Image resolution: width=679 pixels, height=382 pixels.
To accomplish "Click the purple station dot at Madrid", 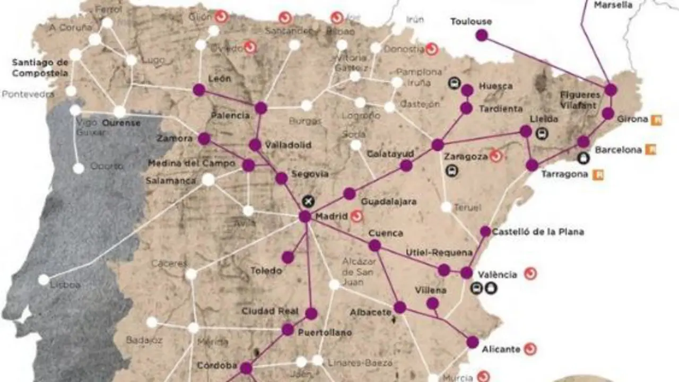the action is [x=304, y=216].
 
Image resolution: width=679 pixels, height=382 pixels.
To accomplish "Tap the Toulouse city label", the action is [x=471, y=22].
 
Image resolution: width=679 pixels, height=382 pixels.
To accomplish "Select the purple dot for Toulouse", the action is [x=482, y=36].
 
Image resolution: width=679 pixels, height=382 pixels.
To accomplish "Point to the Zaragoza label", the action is [x=465, y=157].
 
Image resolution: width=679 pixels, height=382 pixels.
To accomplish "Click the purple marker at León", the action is [x=199, y=90].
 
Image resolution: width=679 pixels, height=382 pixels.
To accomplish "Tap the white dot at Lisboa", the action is [x=43, y=280].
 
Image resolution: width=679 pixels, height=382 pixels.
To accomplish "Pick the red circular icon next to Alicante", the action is [x=530, y=349].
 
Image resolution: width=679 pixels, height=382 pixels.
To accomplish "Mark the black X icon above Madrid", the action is [x=308, y=201].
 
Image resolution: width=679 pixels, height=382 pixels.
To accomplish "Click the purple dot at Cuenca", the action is [x=375, y=245].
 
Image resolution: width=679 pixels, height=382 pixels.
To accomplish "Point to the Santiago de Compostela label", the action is [x=40, y=68].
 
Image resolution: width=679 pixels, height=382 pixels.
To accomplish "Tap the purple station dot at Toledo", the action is [x=288, y=258].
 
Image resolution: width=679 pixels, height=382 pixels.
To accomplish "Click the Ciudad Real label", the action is [x=270, y=311].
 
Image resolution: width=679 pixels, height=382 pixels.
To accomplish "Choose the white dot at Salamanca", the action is [x=208, y=180].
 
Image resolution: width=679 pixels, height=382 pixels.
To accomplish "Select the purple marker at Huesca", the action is [x=467, y=90].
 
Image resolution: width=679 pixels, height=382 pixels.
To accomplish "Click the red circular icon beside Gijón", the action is [x=221, y=16].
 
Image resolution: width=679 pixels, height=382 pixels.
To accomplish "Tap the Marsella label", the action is [x=613, y=5].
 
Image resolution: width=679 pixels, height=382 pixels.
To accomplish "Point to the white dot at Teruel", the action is [x=446, y=207].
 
